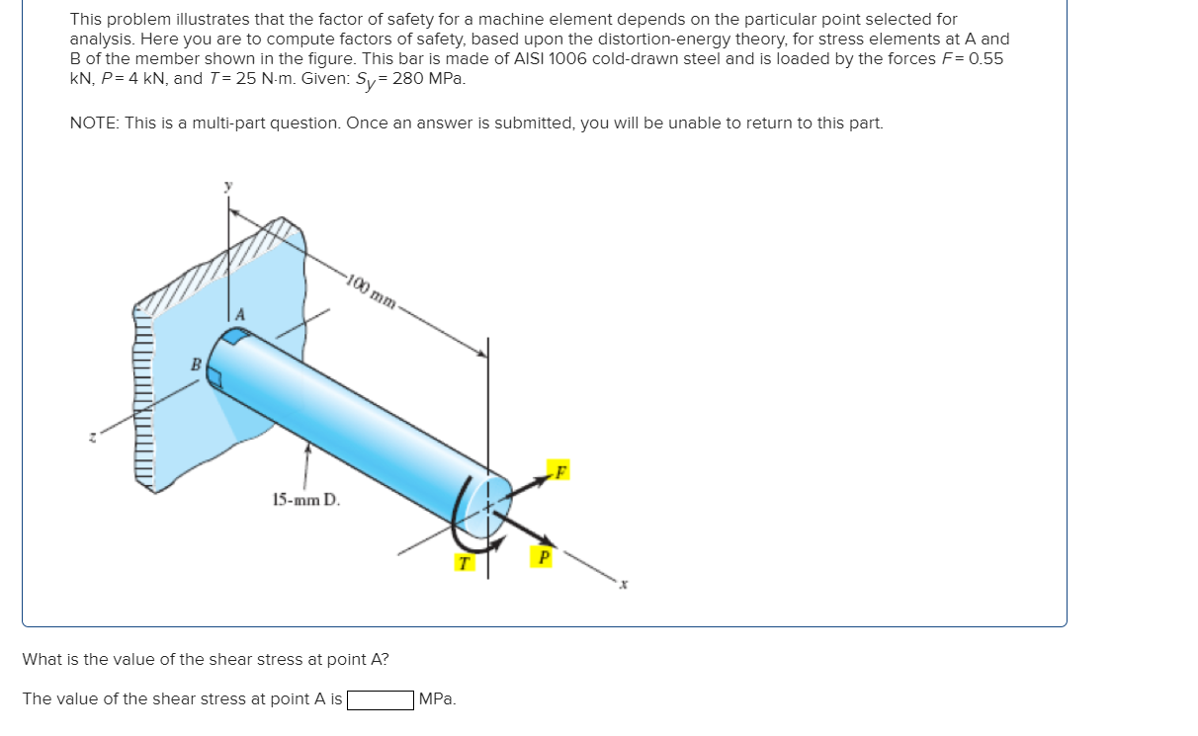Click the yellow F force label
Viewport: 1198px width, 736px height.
click(560, 470)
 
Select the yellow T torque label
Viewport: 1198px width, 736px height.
click(463, 562)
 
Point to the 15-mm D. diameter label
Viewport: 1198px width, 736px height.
click(305, 500)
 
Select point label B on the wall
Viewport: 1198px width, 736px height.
click(196, 365)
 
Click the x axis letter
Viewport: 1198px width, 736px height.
click(624, 585)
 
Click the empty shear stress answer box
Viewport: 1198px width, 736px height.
click(380, 699)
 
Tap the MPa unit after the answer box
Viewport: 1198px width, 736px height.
click(437, 699)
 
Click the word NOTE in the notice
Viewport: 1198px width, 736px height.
click(92, 123)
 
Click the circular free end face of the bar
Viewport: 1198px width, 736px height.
click(487, 496)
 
